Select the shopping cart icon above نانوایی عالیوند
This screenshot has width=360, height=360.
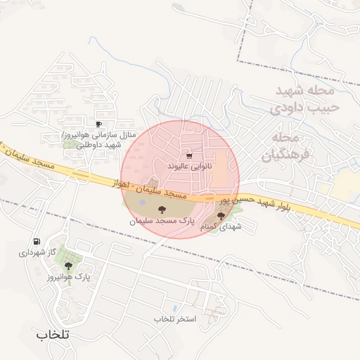(x=188, y=155)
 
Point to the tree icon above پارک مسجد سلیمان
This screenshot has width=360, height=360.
(x=161, y=209)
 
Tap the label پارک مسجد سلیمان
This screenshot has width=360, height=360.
(x=161, y=220)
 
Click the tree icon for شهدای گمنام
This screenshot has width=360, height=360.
(x=221, y=217)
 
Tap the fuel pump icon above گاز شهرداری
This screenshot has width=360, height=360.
(x=36, y=241)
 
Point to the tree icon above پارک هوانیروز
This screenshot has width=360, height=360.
(x=68, y=266)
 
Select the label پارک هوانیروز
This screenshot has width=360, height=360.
(x=68, y=277)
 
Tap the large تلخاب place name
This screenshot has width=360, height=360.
(x=53, y=335)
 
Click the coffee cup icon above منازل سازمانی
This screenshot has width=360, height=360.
(x=98, y=124)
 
